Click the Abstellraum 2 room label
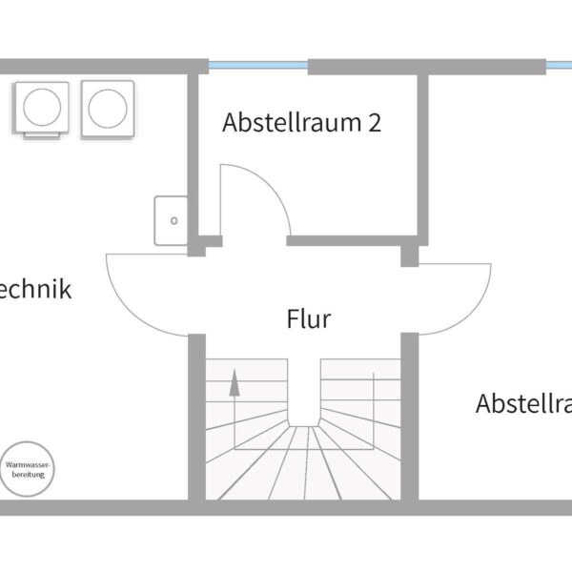pyautogui.click(x=301, y=123)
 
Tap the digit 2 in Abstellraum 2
pyautogui.click(x=375, y=123)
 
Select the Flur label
pyautogui.click(x=309, y=318)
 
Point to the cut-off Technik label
pyautogui.click(x=35, y=289)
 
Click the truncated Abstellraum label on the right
pyautogui.click(x=523, y=403)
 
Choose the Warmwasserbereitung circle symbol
pyautogui.click(x=29, y=469)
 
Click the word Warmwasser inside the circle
pyautogui.click(x=29, y=464)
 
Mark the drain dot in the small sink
pyautogui.click(x=174, y=220)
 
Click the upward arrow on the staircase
pyautogui.click(x=233, y=383)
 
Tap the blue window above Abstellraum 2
pyautogui.click(x=258, y=66)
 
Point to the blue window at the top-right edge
pyautogui.click(x=559, y=66)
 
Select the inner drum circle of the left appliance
pyautogui.click(x=45, y=105)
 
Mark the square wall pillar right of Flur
pyautogui.click(x=410, y=255)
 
